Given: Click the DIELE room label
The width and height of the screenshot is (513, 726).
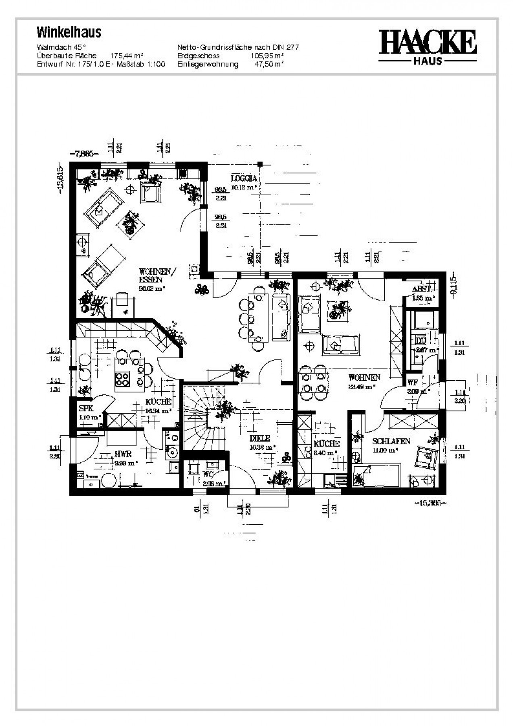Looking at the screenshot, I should [x=259, y=438].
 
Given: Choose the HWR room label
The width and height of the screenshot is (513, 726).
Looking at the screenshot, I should [x=123, y=454].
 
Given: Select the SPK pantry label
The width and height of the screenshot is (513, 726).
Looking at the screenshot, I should [x=86, y=409].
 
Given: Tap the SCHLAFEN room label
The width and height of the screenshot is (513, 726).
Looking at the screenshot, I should [x=391, y=441].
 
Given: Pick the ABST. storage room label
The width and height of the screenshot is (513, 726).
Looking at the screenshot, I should [x=421, y=289].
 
